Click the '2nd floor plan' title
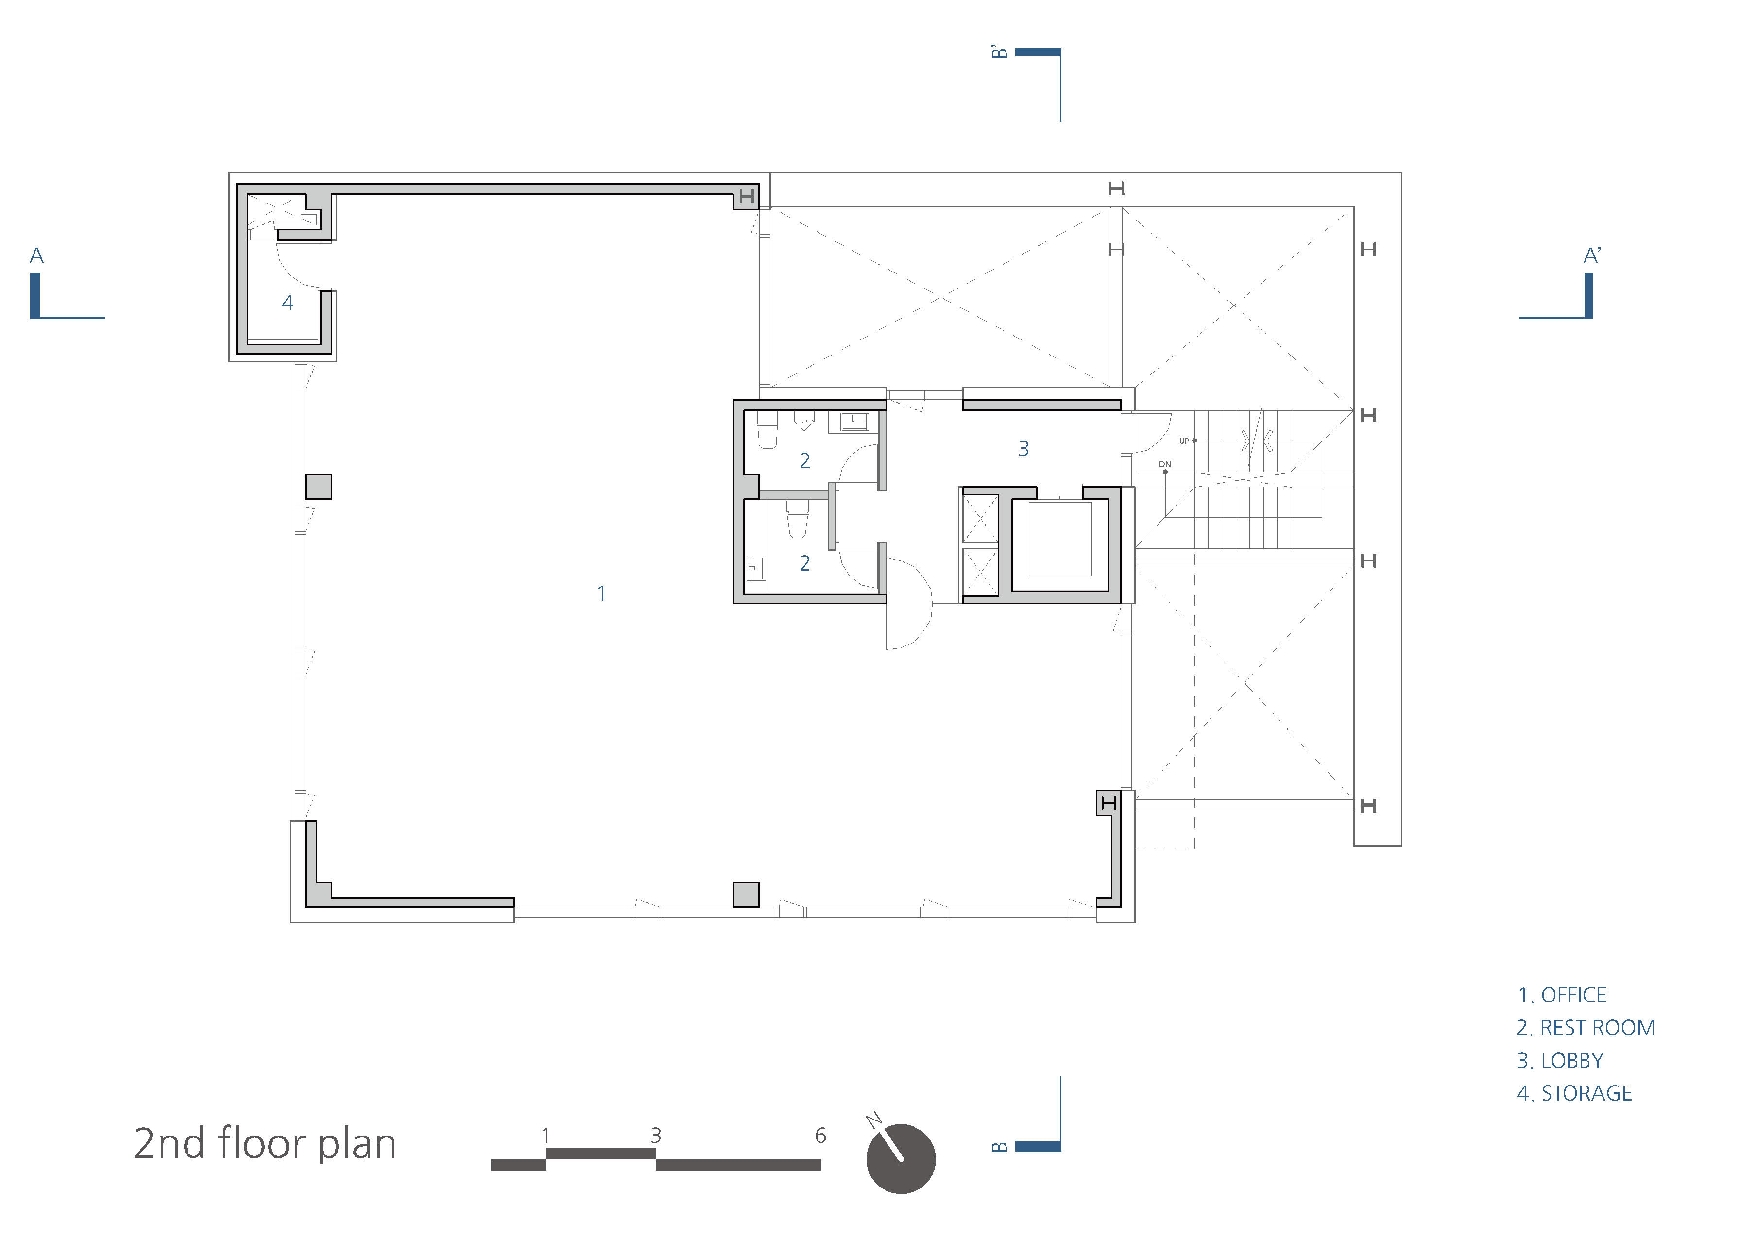pyautogui.click(x=265, y=1144)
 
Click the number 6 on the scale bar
pyautogui.click(x=820, y=1136)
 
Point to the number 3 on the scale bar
pyautogui.click(x=655, y=1136)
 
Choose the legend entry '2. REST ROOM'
pyautogui.click(x=1586, y=1028)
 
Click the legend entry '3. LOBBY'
pyautogui.click(x=1560, y=1061)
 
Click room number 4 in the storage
pyautogui.click(x=288, y=303)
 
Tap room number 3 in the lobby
pyautogui.click(x=1023, y=449)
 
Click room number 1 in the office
pyautogui.click(x=602, y=594)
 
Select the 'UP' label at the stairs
pyautogui.click(x=1184, y=441)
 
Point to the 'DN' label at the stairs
pyautogui.click(x=1165, y=464)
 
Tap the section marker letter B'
pyautogui.click(x=999, y=52)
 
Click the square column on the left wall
pyautogui.click(x=318, y=487)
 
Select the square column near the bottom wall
pyautogui.click(x=746, y=894)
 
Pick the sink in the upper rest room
pyautogui.click(x=853, y=422)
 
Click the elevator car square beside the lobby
pyautogui.click(x=1060, y=539)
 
